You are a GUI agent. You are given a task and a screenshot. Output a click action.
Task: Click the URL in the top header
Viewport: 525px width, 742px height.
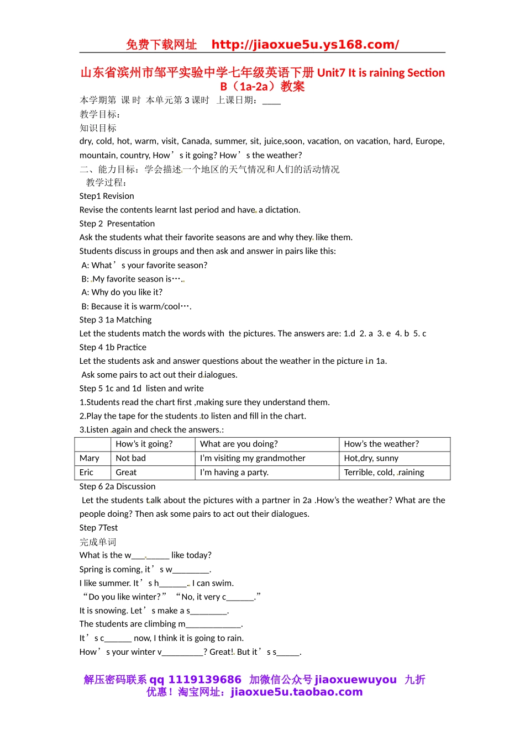coord(305,45)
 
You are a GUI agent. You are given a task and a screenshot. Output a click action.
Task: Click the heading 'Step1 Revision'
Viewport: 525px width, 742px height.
coord(107,196)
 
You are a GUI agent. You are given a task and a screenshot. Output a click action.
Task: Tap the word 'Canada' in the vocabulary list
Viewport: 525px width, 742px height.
coord(196,141)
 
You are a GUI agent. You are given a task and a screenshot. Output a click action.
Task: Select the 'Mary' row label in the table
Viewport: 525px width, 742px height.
coord(90,458)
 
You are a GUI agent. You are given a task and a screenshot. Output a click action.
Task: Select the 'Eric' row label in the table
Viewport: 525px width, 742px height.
coord(87,473)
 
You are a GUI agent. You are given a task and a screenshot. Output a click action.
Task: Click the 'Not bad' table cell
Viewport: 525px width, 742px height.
coord(131,458)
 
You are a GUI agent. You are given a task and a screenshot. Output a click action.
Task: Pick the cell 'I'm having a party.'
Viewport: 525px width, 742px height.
coord(234,473)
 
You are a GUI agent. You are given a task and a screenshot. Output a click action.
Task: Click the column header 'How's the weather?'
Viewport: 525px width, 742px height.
coord(381,444)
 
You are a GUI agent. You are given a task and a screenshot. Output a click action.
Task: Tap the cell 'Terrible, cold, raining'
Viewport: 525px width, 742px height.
coord(384,473)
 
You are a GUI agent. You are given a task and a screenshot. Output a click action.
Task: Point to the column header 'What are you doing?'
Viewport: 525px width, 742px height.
coord(239,444)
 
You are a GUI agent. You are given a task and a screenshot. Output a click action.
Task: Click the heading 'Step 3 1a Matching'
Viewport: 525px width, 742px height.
coord(116,320)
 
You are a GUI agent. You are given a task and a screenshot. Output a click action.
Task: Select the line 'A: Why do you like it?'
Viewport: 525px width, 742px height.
coord(122,292)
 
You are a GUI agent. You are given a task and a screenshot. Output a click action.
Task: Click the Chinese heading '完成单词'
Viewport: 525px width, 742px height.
coord(98,542)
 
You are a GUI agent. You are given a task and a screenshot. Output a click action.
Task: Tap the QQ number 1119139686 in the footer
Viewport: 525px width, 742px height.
coord(204,680)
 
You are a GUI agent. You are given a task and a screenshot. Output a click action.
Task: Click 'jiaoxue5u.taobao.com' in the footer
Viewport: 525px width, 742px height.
coord(297,692)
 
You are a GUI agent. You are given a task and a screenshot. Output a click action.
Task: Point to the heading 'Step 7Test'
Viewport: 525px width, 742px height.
coord(98,528)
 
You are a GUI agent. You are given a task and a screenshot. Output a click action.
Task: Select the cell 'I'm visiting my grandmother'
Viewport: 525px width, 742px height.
coord(253,458)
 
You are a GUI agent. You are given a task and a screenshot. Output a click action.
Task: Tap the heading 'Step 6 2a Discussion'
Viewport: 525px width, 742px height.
coord(117,486)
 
